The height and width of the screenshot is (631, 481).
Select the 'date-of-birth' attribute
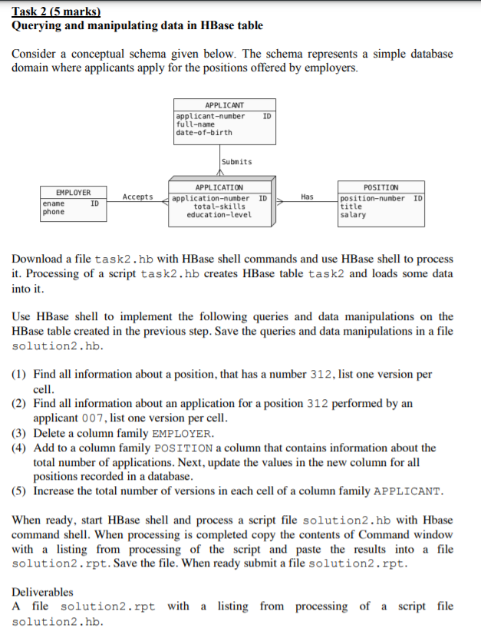click(x=203, y=132)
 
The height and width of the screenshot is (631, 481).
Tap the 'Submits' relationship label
click(x=236, y=162)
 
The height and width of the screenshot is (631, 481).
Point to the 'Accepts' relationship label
click(x=137, y=197)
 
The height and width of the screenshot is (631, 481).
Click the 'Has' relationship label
click(x=307, y=197)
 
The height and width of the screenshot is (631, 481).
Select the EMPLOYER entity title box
click(x=73, y=192)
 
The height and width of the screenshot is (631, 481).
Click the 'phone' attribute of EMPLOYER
click(x=53, y=212)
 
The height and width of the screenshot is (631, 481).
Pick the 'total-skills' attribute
click(x=219, y=206)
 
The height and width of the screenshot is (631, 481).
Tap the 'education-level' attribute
click(x=219, y=215)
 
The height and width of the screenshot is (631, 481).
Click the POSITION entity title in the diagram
click(x=381, y=187)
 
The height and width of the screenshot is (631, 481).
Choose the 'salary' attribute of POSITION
click(x=353, y=215)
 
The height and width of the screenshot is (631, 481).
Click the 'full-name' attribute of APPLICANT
click(x=196, y=124)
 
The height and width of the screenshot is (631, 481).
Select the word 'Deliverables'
click(x=43, y=592)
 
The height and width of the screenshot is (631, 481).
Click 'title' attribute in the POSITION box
click(x=351, y=206)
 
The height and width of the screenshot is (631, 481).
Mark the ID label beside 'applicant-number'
click(x=266, y=116)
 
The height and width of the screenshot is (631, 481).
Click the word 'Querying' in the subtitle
click(x=38, y=25)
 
